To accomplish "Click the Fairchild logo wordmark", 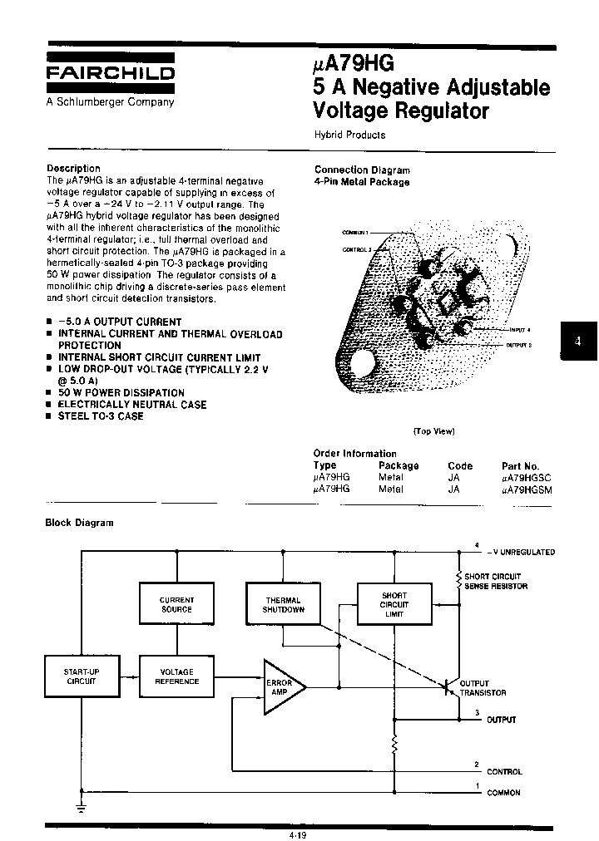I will [x=110, y=73].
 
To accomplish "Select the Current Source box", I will [x=176, y=604].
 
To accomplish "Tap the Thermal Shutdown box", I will [x=283, y=604].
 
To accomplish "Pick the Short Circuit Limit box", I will [x=394, y=604].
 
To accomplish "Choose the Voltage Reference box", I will [x=176, y=676].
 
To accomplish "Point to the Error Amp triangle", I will [x=281, y=686].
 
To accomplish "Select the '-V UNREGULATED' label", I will [x=521, y=552].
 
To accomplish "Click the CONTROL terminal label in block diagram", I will [x=504, y=772].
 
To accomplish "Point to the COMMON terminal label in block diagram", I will [x=503, y=793].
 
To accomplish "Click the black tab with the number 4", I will [x=579, y=340].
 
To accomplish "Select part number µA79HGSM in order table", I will [x=527, y=490].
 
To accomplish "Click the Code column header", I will [x=459, y=466].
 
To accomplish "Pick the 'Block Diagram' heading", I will [x=80, y=523].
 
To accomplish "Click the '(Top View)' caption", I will [x=433, y=431].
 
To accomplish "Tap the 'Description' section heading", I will [x=73, y=168].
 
